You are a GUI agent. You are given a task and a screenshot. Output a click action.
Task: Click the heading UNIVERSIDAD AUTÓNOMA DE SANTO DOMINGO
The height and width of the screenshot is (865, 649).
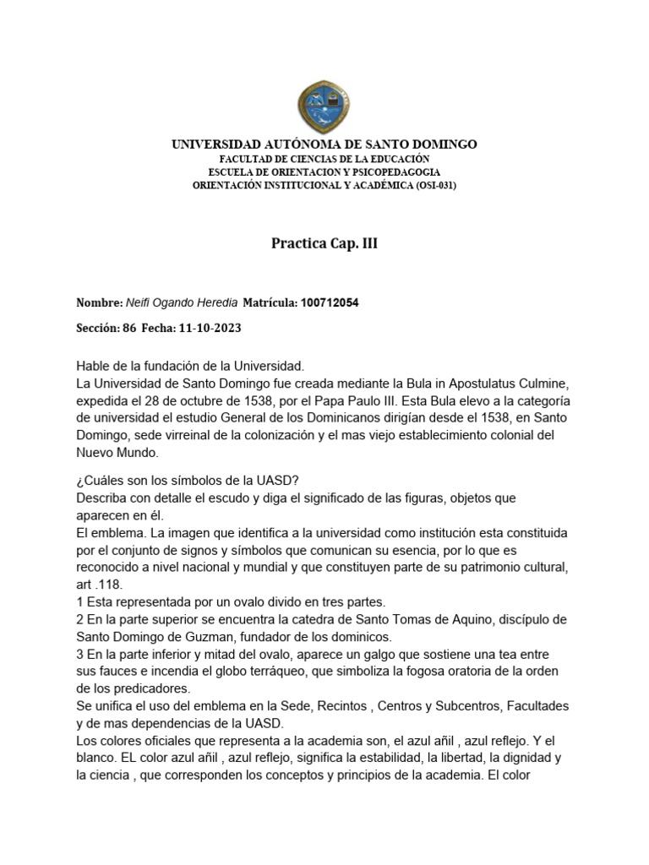pyautogui.click(x=324, y=144)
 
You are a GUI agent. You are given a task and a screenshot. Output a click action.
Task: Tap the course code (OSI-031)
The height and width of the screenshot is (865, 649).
pyautogui.click(x=436, y=185)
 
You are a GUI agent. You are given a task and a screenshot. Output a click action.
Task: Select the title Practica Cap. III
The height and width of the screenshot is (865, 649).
pyautogui.click(x=324, y=244)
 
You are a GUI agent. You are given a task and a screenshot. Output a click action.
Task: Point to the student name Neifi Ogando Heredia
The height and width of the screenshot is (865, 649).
pyautogui.click(x=182, y=302)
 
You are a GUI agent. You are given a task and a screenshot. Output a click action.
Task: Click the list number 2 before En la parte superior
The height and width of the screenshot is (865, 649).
pyautogui.click(x=79, y=619)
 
